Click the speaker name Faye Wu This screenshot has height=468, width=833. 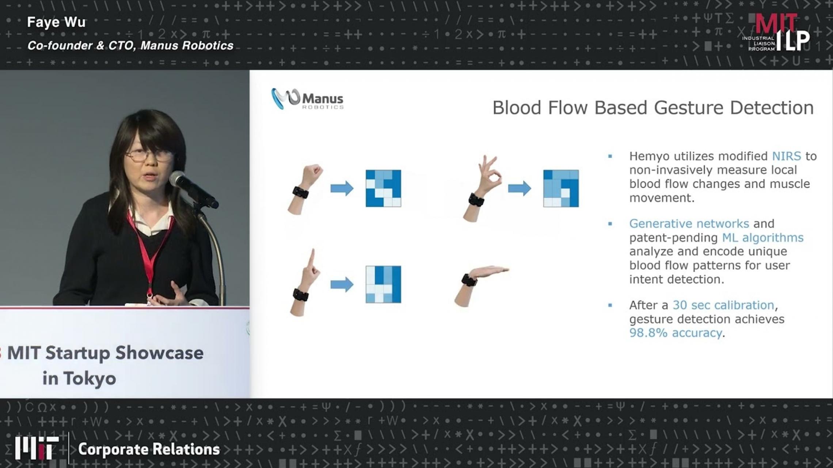click(x=56, y=22)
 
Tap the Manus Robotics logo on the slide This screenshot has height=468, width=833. click(x=307, y=99)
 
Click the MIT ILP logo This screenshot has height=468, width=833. click(x=776, y=33)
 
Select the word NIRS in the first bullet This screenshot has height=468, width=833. click(x=786, y=156)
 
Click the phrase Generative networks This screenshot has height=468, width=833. click(x=689, y=223)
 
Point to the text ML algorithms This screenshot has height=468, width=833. click(x=763, y=238)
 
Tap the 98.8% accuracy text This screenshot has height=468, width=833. click(x=676, y=333)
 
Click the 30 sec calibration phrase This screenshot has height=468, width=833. click(x=723, y=305)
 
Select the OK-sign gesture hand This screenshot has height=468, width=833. click(x=482, y=188)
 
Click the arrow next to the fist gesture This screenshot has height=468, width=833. click(x=342, y=188)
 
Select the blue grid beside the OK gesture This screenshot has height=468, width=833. click(x=561, y=188)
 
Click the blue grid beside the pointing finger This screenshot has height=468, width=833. click(x=383, y=284)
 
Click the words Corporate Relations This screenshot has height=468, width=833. click(x=149, y=449)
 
